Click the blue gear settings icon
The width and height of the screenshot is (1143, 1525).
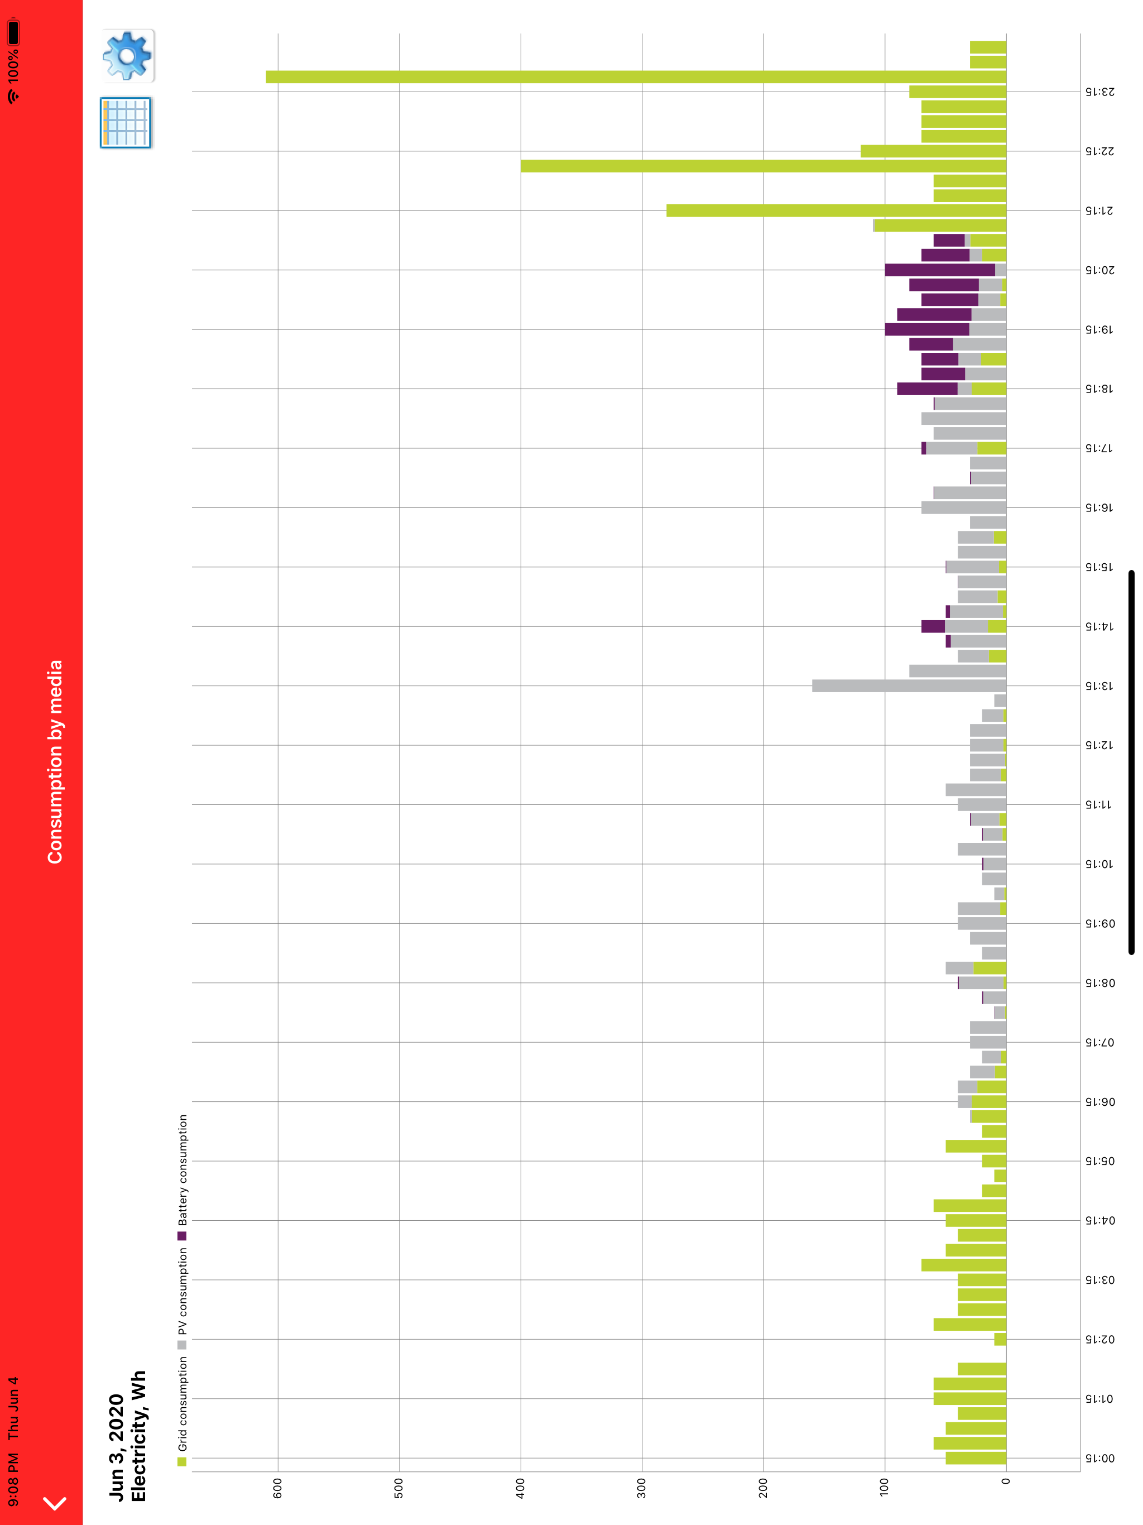click(x=128, y=55)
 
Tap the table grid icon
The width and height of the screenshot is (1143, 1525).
click(x=126, y=123)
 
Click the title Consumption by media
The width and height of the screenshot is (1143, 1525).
click(x=55, y=762)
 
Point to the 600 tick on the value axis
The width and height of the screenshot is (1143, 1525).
click(x=278, y=1488)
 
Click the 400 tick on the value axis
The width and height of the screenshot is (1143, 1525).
click(x=521, y=1488)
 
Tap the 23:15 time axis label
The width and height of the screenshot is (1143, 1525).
click(x=1100, y=92)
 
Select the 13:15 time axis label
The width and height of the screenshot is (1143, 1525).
click(x=1100, y=686)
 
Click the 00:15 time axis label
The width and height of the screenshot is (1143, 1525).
click(x=1100, y=1458)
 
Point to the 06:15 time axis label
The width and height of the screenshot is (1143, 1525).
click(x=1100, y=1102)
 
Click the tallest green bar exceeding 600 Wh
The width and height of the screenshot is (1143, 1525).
click(x=636, y=76)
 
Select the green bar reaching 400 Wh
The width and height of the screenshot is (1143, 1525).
click(x=763, y=166)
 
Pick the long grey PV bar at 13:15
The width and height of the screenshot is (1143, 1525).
click(x=909, y=686)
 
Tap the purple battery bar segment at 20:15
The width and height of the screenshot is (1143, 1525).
click(x=940, y=270)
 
